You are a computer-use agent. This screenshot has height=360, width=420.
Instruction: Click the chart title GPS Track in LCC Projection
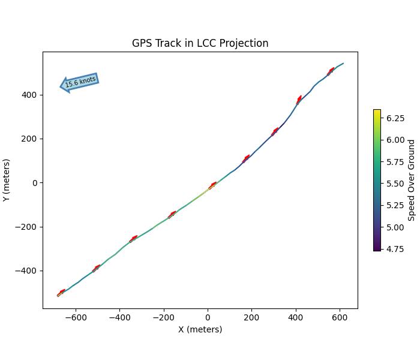pyautogui.click(x=200, y=43)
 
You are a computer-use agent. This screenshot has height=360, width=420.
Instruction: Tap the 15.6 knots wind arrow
pyautogui.click(x=79, y=82)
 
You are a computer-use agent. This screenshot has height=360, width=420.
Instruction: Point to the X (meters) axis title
pyautogui.click(x=200, y=329)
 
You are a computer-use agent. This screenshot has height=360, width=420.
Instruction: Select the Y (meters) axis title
pyautogui.click(x=7, y=180)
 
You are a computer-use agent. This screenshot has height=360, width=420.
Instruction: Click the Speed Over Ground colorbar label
pyautogui.click(x=412, y=180)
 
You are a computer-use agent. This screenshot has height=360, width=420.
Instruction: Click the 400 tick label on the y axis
pyautogui.click(x=30, y=95)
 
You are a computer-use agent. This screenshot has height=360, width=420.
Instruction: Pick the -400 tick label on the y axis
pyautogui.click(x=28, y=271)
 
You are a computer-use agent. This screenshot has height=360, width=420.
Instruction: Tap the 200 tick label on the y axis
pyautogui.click(x=30, y=139)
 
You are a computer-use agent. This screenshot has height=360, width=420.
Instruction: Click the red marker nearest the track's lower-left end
pyautogui.click(x=61, y=292)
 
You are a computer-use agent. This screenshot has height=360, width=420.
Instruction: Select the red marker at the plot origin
pyautogui.click(x=213, y=185)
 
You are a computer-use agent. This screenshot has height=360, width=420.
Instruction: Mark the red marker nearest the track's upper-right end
pyautogui.click(x=331, y=71)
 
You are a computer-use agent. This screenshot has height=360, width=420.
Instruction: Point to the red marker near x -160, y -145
pyautogui.click(x=172, y=214)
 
